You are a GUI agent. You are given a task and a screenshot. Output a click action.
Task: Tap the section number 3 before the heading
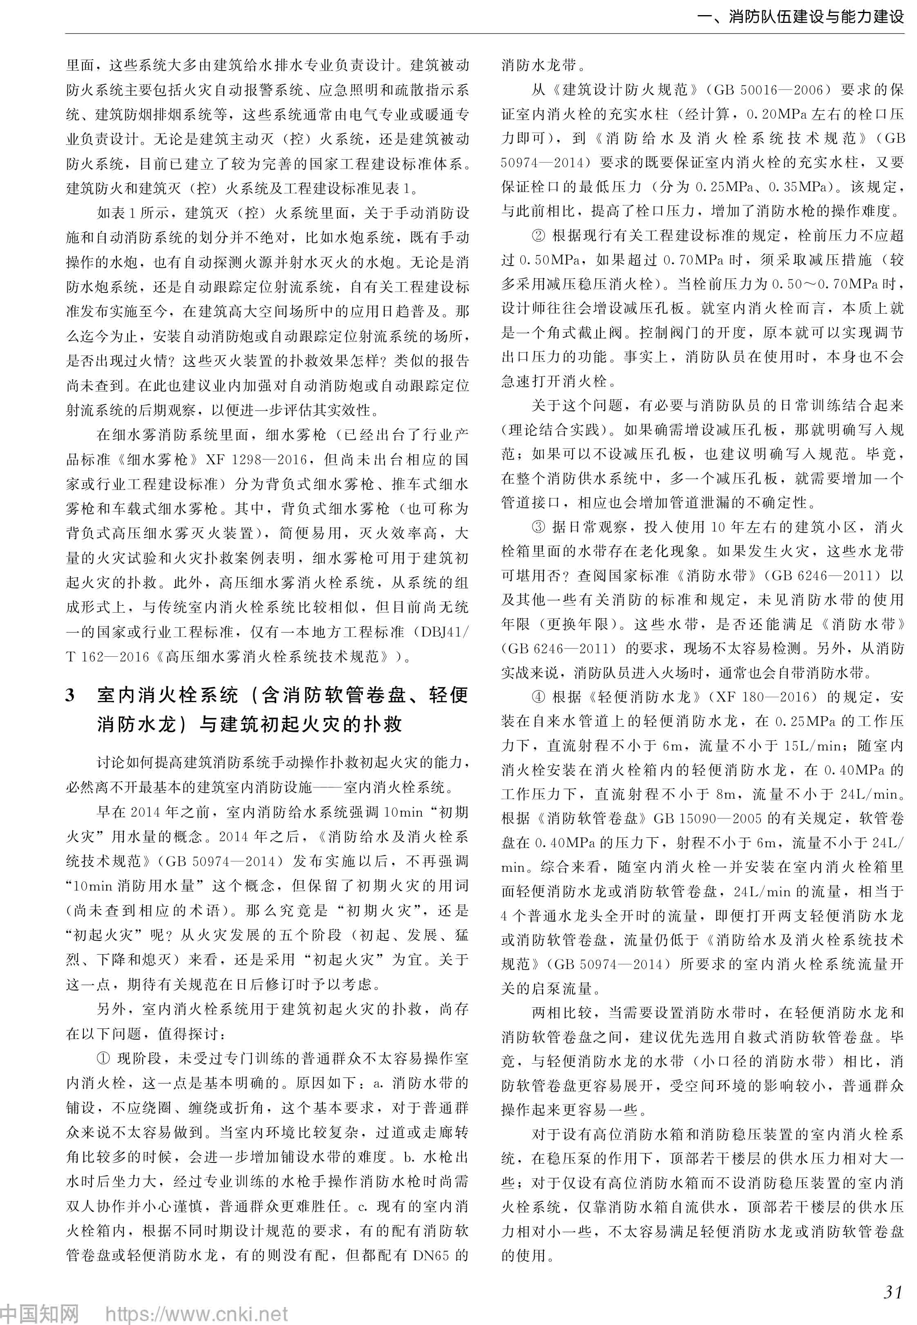point(70,696)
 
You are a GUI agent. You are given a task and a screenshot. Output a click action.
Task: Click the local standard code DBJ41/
point(445,632)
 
